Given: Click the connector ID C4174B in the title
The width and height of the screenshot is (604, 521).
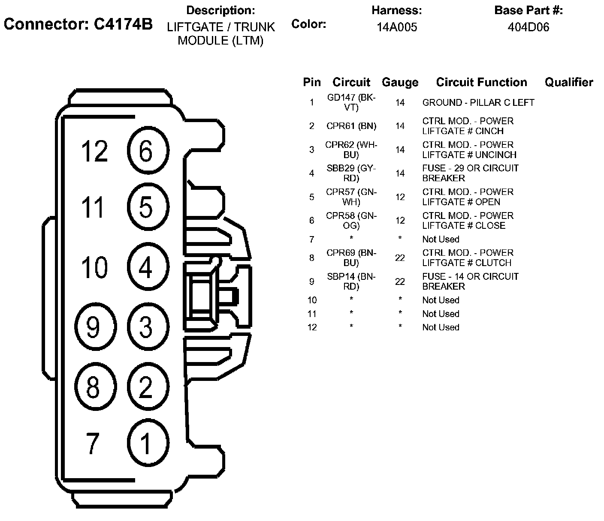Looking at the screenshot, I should point(78,24).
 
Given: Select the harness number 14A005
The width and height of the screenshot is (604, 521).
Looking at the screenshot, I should point(397,27).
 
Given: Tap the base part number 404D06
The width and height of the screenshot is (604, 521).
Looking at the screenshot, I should point(528,27).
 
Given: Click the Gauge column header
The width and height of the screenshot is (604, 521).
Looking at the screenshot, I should point(400,82).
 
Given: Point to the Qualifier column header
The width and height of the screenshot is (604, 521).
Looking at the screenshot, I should point(569,82).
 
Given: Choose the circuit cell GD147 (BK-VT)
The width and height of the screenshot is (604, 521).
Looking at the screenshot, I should point(351,102).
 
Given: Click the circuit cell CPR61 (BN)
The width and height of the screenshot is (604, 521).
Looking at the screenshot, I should point(351,126).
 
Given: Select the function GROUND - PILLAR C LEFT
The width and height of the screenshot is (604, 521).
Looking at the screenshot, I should point(478,103).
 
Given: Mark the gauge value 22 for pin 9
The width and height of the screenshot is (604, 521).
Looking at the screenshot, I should point(400,281).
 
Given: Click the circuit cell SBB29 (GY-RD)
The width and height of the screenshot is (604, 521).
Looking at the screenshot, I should point(351,173).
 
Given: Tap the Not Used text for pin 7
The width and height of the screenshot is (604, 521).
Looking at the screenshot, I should point(441,239).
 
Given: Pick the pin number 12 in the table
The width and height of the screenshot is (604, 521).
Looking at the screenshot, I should point(312,327).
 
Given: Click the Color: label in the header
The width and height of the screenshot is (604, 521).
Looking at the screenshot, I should point(308,24).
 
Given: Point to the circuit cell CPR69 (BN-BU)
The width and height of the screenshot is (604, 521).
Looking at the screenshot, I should point(351,258).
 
